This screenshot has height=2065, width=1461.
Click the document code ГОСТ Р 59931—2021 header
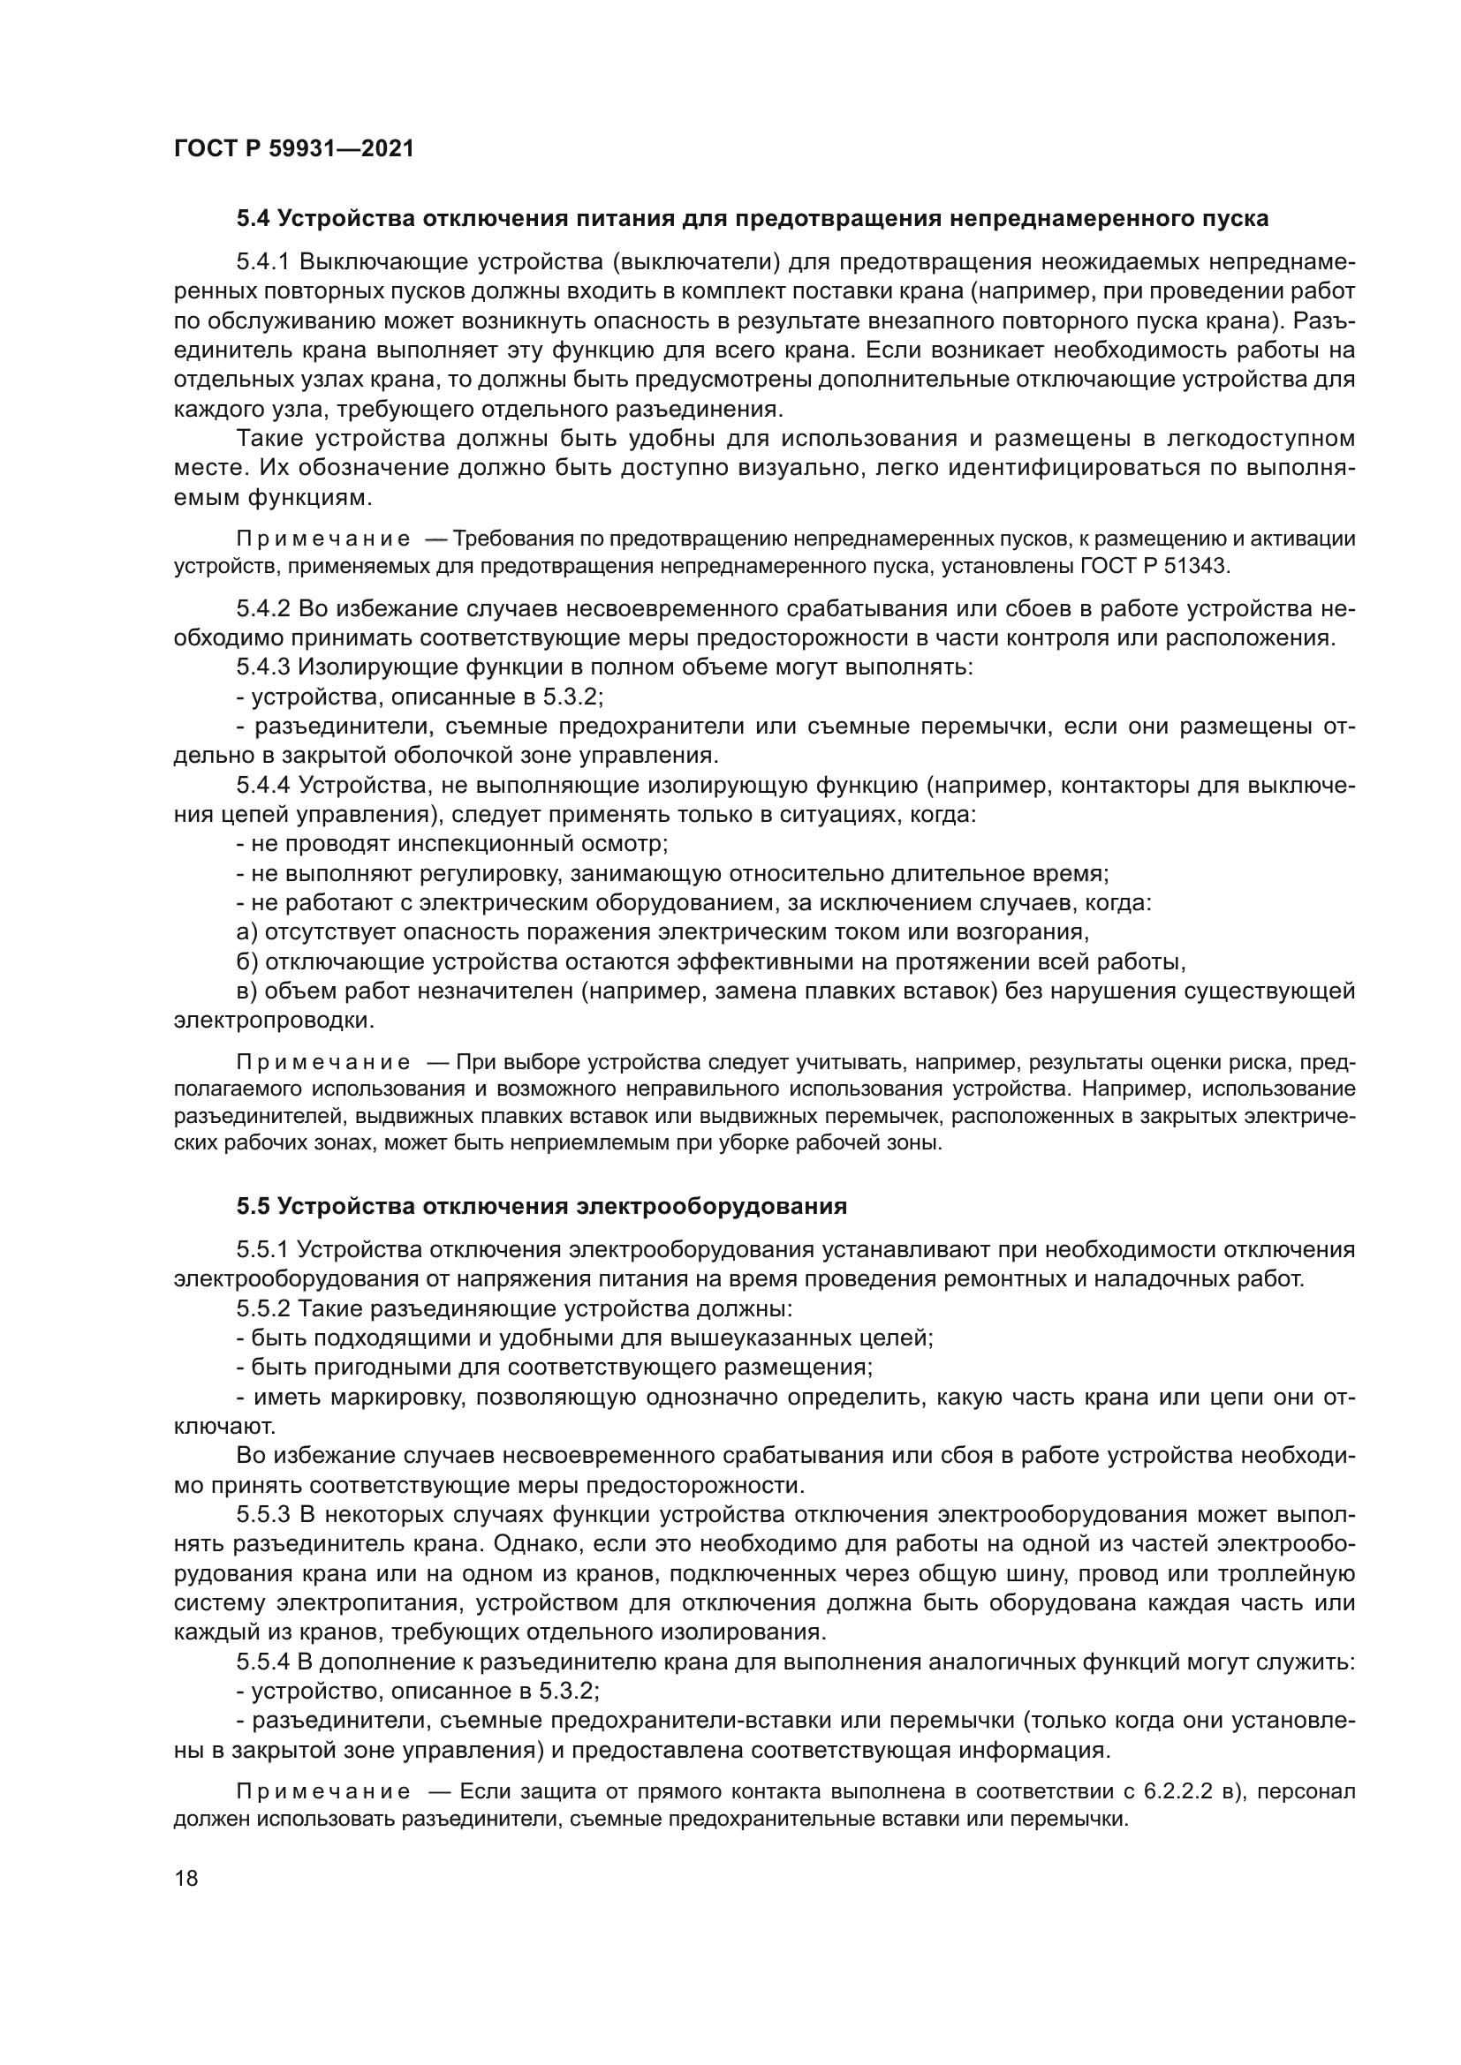[x=294, y=148]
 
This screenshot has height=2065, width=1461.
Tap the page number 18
[x=186, y=1878]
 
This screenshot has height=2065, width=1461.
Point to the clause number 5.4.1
[x=262, y=261]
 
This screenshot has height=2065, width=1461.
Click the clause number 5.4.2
[x=262, y=609]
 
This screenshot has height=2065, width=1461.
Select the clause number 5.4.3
[x=262, y=667]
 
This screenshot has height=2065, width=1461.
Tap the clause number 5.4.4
[x=262, y=785]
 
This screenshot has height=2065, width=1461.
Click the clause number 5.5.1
[x=262, y=1249]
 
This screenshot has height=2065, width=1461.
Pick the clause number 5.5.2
[x=262, y=1308]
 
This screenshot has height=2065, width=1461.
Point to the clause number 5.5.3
[x=262, y=1515]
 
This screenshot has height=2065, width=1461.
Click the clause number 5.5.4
[x=262, y=1662]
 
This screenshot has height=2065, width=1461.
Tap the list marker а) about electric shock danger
[x=246, y=931]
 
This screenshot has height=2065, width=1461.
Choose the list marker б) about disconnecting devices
[x=246, y=961]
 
